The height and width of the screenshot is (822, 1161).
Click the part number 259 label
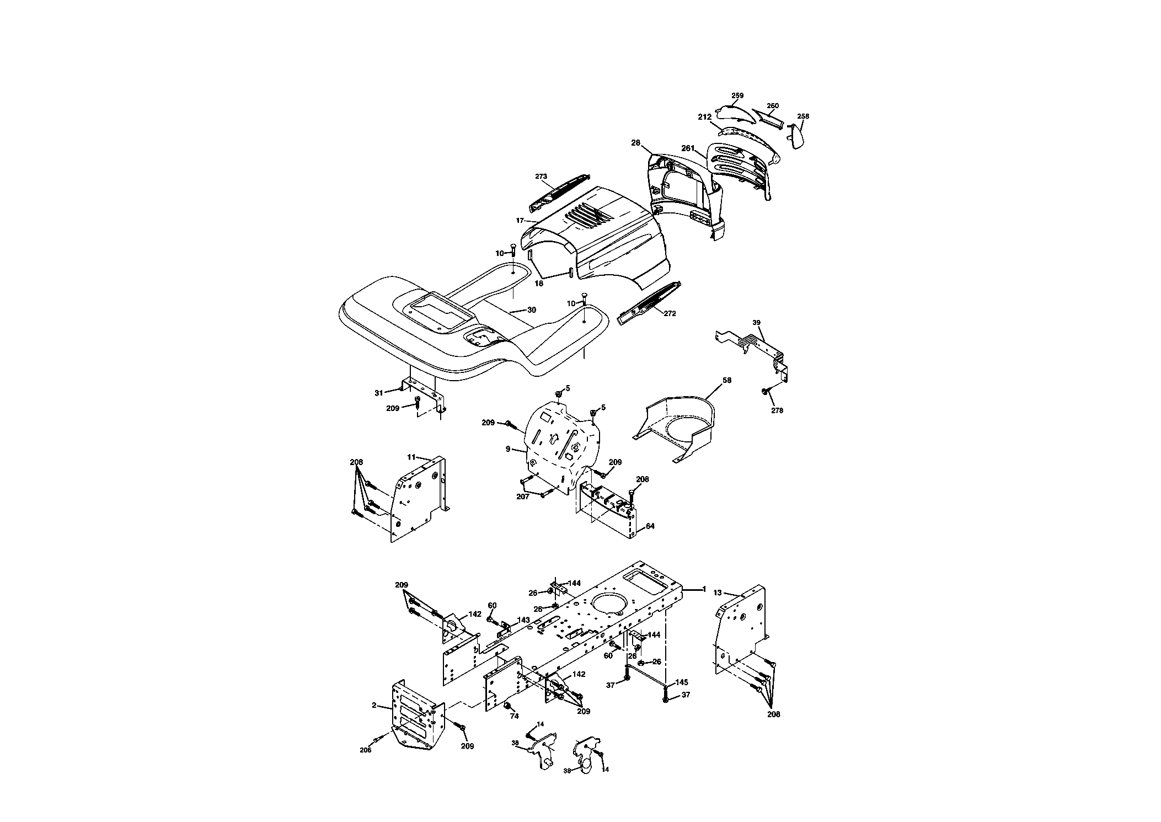pyautogui.click(x=737, y=95)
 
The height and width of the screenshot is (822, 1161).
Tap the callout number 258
pyautogui.click(x=803, y=116)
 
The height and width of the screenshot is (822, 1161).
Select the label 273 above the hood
pyautogui.click(x=541, y=177)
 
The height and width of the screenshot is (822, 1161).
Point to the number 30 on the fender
pyautogui.click(x=531, y=310)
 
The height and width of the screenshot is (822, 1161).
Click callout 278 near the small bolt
pyautogui.click(x=777, y=410)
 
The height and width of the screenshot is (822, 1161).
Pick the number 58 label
pyautogui.click(x=727, y=380)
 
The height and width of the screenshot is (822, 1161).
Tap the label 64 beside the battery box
pyautogui.click(x=650, y=526)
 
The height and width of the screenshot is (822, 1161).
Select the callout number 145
pyautogui.click(x=682, y=682)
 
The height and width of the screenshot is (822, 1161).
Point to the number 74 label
pyautogui.click(x=514, y=716)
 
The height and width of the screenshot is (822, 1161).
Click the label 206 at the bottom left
pyautogui.click(x=365, y=750)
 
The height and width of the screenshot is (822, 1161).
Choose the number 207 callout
pyautogui.click(x=523, y=497)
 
